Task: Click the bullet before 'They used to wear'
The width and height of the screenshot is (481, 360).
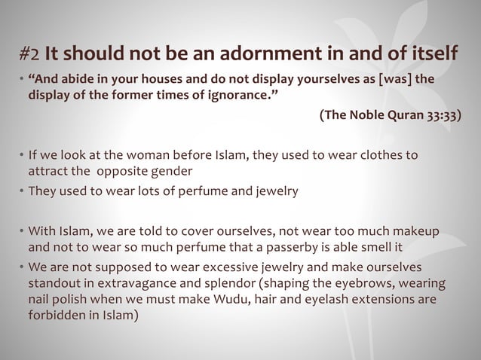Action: [x=21, y=191]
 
